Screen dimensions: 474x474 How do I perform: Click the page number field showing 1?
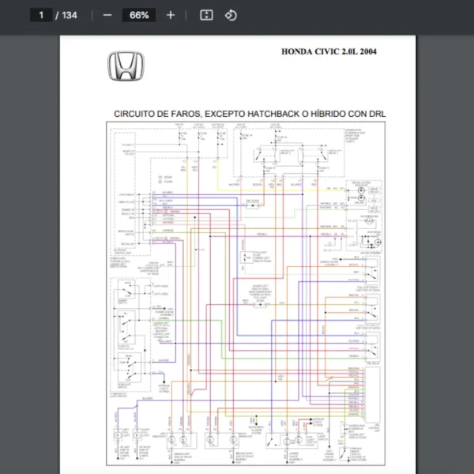(x=40, y=15)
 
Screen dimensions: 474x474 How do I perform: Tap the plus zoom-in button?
(x=171, y=15)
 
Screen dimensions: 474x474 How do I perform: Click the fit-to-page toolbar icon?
(x=206, y=15)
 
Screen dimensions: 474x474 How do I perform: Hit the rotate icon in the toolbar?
(x=231, y=15)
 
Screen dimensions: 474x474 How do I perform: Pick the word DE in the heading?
(x=166, y=114)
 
